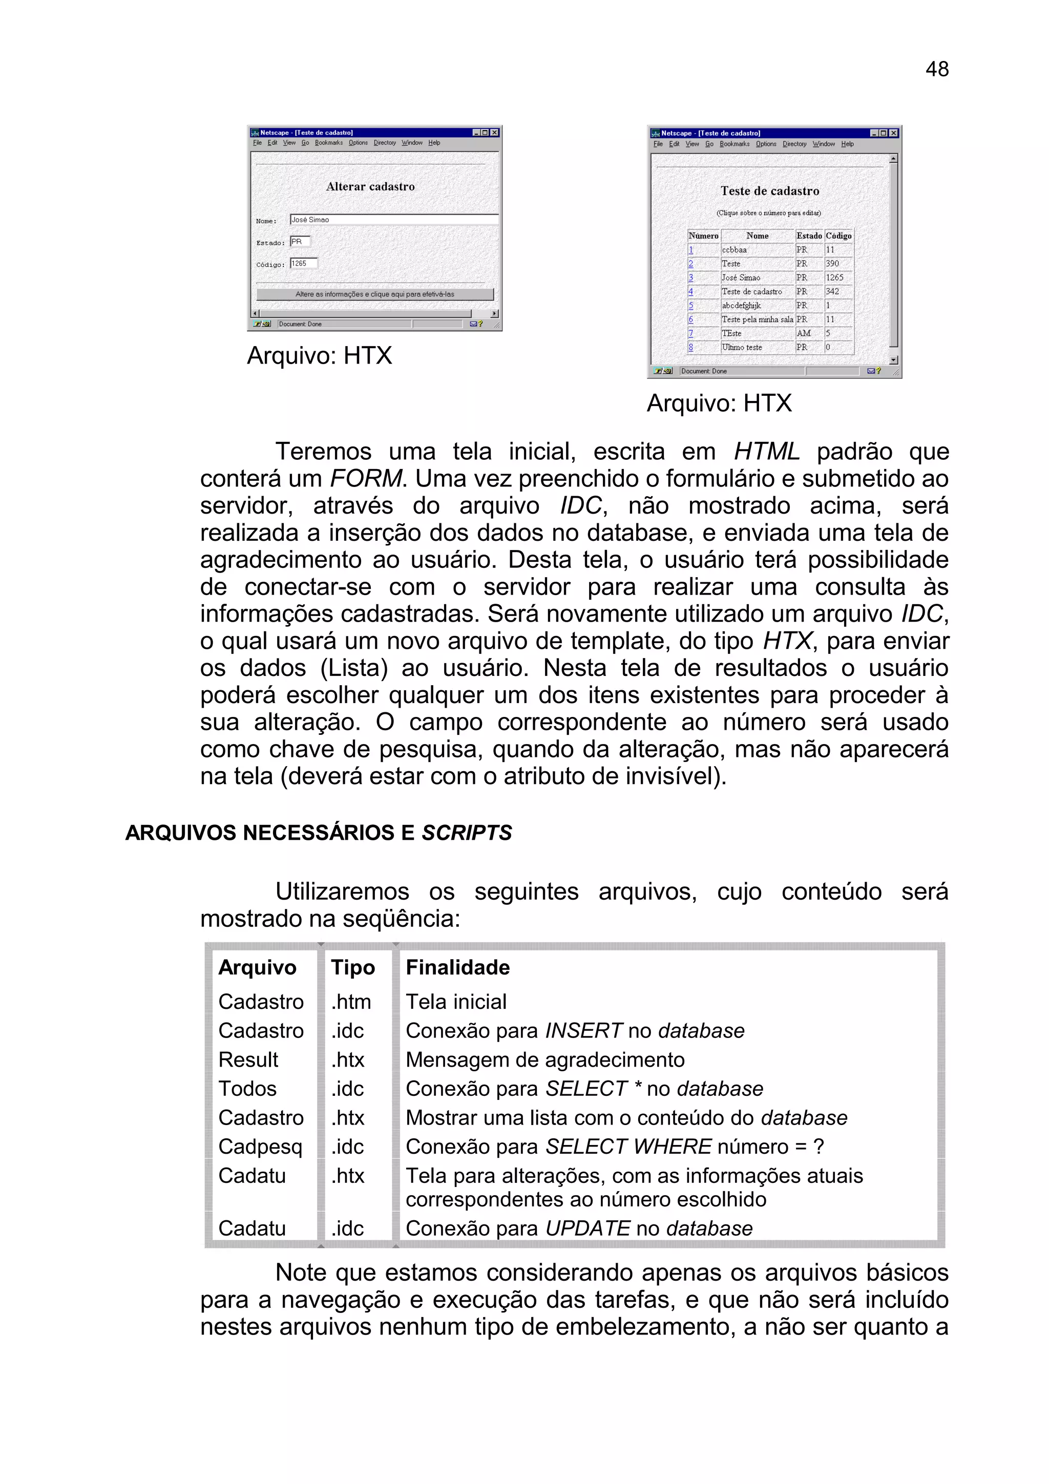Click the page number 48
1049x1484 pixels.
click(936, 69)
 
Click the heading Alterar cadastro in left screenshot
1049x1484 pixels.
click(370, 187)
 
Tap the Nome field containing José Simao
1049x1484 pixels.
click(393, 220)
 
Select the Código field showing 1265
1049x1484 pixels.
click(303, 264)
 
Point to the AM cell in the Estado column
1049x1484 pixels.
click(803, 333)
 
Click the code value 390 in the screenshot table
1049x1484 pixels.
click(832, 264)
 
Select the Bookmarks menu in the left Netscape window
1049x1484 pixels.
click(328, 143)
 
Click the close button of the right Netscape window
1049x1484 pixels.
click(893, 133)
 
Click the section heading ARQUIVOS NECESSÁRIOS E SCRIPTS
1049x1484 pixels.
click(318, 833)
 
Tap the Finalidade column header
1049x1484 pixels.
click(457, 968)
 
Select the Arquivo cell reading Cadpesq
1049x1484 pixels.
click(260, 1147)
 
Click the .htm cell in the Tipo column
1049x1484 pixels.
click(350, 1002)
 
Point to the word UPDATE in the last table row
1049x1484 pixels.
click(587, 1228)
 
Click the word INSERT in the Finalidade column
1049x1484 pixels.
click(583, 1031)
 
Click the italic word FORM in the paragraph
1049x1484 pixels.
click(366, 479)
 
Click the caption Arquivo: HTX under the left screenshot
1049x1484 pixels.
click(319, 355)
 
